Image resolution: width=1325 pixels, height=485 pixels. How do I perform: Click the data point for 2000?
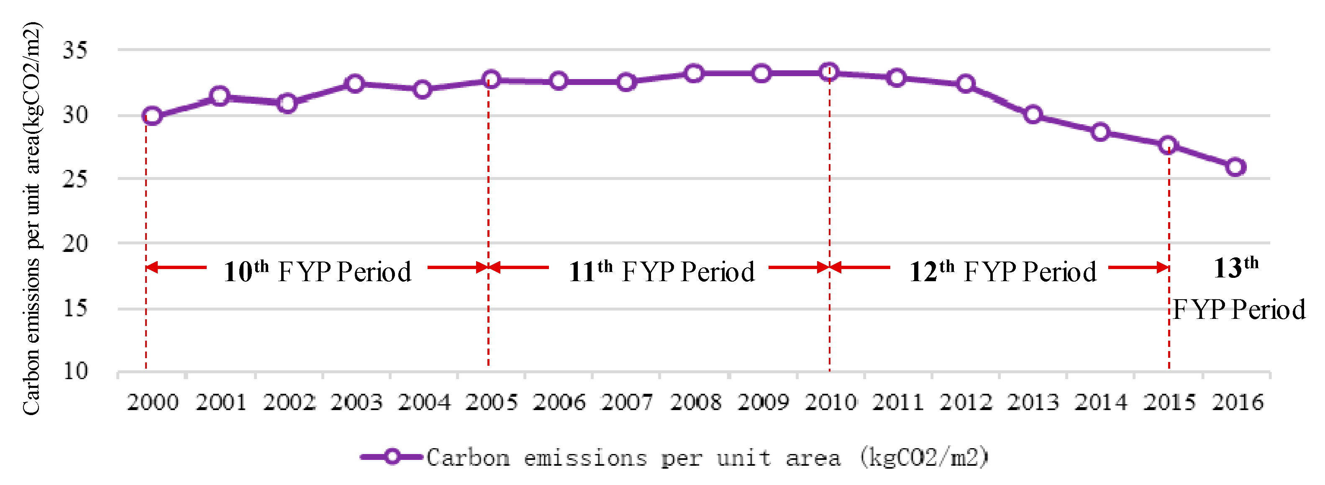152,116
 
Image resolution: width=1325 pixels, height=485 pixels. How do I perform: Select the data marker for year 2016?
1235,167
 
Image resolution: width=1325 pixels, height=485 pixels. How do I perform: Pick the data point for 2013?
1033,114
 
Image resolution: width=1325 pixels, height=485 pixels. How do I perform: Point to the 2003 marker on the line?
355,83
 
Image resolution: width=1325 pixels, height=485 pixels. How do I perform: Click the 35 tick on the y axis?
75,50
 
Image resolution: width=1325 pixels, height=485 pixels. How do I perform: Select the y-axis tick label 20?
75,243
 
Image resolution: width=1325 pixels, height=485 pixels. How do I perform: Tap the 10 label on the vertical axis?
75,371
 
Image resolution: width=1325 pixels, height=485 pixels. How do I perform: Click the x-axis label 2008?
695,402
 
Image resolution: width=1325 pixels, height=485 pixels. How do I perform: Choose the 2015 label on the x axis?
1169,402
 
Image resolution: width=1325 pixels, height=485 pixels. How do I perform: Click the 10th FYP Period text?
318,271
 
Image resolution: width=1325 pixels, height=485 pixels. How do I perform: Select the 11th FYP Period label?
661,271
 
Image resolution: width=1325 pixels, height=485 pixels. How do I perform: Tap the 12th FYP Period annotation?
1002,271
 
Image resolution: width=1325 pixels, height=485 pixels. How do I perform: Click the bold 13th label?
1235,267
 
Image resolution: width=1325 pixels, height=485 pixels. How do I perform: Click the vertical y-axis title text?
32,218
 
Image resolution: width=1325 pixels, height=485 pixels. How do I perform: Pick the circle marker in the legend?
392,457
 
